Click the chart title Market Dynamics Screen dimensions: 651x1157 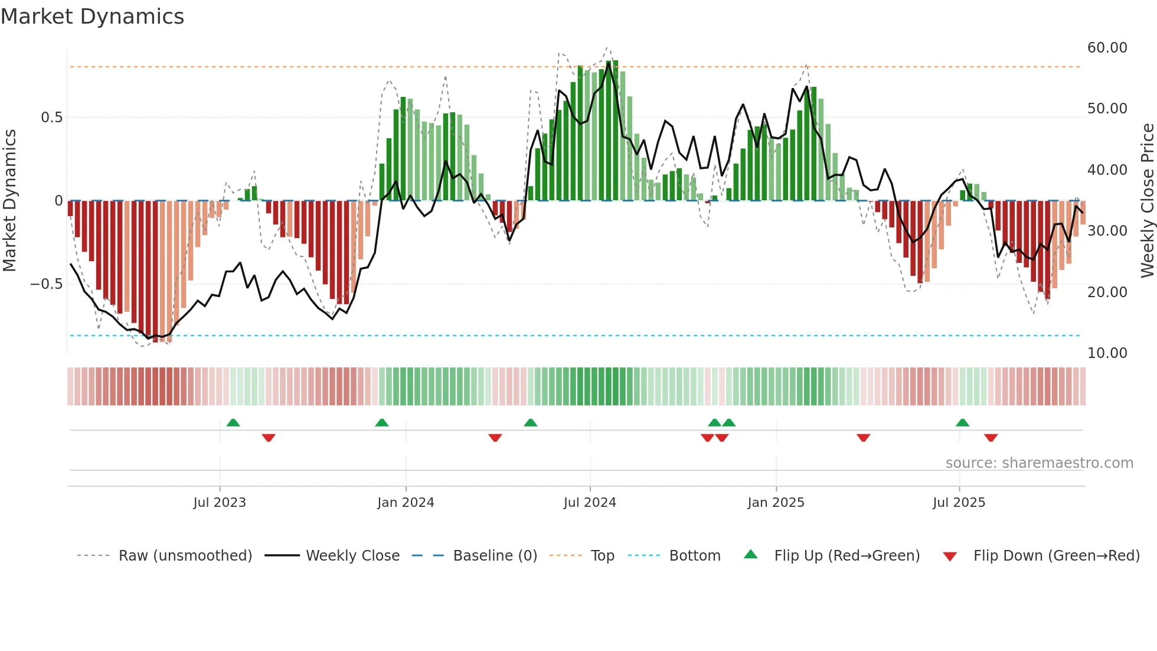pos(93,17)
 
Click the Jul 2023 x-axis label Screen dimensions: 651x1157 pos(220,503)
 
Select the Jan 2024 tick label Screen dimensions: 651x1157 pos(406,503)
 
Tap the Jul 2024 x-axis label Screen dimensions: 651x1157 pos(590,503)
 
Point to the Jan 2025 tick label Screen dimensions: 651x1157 pos(776,503)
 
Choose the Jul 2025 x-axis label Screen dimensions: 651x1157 pos(959,503)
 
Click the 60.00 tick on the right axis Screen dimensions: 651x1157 pos(1107,48)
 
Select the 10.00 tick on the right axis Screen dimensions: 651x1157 pos(1107,353)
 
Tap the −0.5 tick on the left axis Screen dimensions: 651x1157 pos(46,284)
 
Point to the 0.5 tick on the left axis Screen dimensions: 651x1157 pos(51,118)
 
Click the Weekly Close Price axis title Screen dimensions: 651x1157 pos(1147,201)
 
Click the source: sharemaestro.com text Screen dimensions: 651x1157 pos(1039,463)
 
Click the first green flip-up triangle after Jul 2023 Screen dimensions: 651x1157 pos(233,422)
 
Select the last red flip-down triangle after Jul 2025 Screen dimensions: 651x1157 pos(991,438)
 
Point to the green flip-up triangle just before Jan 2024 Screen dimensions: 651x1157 pos(382,422)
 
